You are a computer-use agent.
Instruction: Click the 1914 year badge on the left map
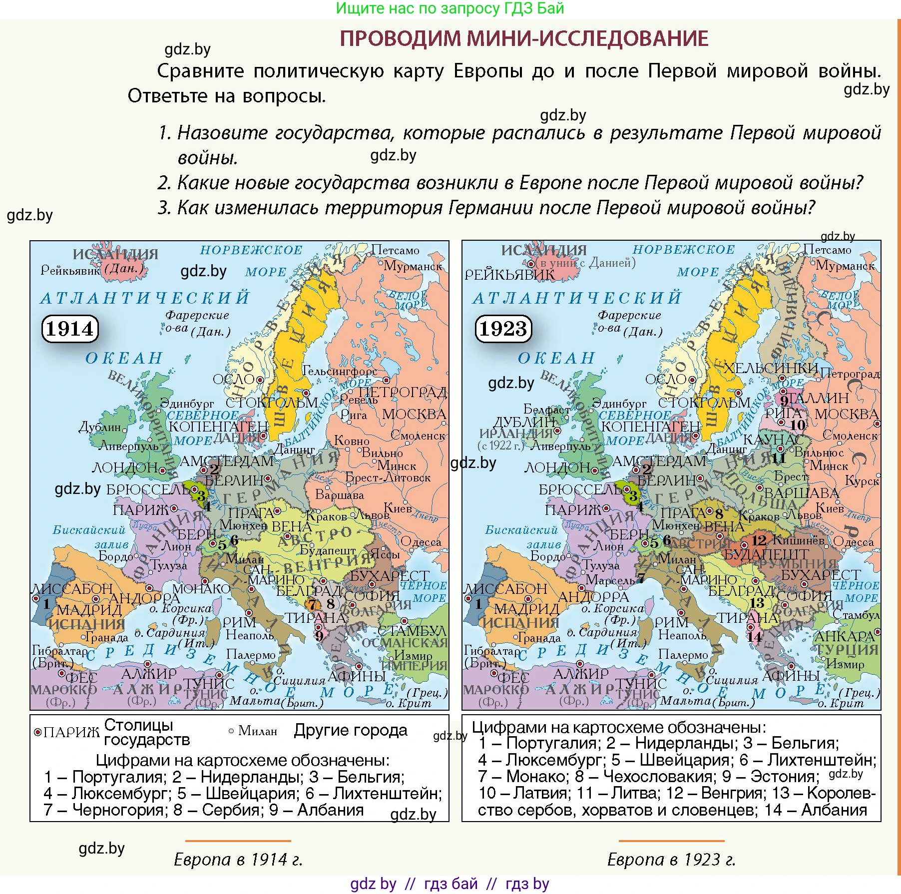point(70,329)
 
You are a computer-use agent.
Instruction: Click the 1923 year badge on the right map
point(503,329)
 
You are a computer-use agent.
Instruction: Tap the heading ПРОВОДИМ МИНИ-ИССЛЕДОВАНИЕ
point(524,38)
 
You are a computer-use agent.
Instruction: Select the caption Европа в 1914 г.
point(238,859)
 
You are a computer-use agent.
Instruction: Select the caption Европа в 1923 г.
point(671,859)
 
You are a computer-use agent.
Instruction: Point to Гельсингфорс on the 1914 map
point(340,371)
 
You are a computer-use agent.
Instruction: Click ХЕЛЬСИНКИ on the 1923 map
point(771,369)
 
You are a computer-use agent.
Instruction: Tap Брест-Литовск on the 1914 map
point(388,477)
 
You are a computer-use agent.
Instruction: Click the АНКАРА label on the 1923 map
point(844,636)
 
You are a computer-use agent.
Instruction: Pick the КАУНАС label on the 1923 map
point(773,440)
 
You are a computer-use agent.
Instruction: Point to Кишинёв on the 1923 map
point(799,540)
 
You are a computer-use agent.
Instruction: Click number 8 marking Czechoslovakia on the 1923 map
point(719,514)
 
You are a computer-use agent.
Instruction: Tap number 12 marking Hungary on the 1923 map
point(759,540)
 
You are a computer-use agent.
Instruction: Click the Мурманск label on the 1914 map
point(413,266)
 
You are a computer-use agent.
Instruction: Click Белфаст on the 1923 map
point(546,410)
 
